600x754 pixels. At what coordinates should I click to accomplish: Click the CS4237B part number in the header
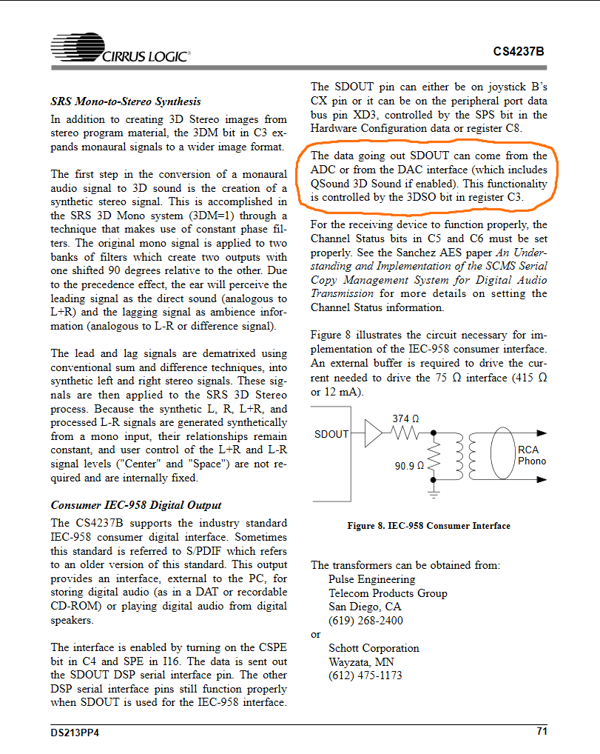click(x=519, y=52)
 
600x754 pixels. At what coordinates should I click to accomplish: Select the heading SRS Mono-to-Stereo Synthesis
click(x=126, y=101)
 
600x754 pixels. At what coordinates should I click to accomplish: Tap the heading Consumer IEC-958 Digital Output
click(x=135, y=505)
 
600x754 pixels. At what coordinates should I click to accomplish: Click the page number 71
click(x=542, y=732)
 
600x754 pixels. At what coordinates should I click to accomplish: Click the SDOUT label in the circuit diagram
click(x=331, y=434)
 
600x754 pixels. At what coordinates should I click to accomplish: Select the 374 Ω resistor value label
click(x=405, y=418)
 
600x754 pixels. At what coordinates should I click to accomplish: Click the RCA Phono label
click(x=531, y=455)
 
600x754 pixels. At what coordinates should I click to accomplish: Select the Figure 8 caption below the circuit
click(x=428, y=526)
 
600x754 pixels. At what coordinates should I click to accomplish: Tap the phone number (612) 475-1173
click(x=365, y=675)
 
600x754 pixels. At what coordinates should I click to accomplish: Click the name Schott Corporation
click(x=374, y=648)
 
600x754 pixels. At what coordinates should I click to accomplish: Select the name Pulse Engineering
click(x=371, y=579)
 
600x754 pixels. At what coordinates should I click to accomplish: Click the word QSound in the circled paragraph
click(x=330, y=183)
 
